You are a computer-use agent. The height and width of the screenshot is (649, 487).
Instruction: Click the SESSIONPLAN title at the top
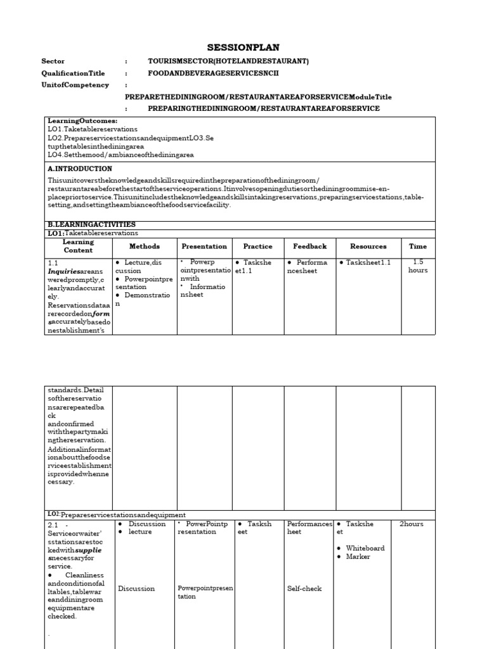(243, 48)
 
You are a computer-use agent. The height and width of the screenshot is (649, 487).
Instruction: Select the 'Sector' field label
(53, 61)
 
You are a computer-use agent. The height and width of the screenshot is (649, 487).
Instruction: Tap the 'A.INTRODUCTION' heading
(80, 169)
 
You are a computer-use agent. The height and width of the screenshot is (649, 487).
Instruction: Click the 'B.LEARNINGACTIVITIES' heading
(91, 224)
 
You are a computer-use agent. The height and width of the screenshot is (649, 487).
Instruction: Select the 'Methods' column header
(145, 247)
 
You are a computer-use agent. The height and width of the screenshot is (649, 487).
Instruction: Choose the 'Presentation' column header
(204, 247)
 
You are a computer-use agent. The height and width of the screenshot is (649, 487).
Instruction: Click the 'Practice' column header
(257, 247)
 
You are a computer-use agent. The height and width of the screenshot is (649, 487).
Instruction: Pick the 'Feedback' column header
(309, 247)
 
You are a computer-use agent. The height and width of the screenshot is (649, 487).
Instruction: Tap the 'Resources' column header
(368, 247)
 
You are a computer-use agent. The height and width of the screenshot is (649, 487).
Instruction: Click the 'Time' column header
(418, 247)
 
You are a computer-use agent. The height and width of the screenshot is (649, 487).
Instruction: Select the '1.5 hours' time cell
(418, 266)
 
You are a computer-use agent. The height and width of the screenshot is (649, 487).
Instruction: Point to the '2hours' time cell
(412, 524)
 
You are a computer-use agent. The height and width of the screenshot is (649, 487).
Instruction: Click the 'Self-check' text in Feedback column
(304, 589)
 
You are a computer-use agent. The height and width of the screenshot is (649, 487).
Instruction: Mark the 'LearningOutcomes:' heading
(82, 120)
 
